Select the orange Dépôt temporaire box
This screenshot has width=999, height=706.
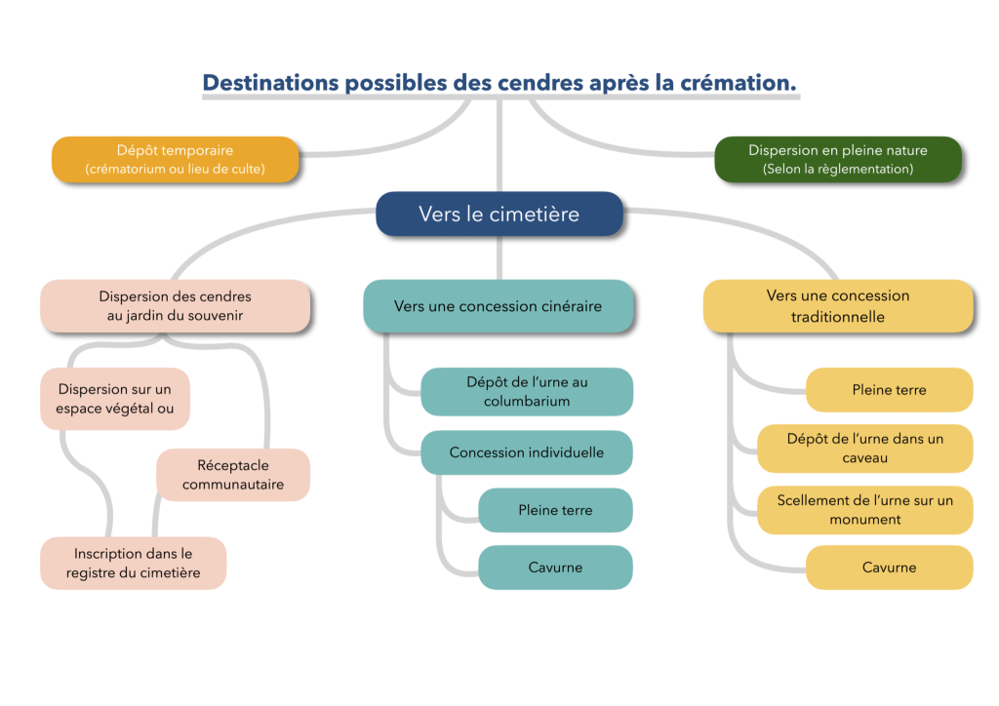point(175,159)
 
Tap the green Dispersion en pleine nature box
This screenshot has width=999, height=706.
point(838,159)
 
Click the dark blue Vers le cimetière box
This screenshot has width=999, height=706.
point(499,214)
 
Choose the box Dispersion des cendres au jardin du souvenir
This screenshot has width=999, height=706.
point(175,305)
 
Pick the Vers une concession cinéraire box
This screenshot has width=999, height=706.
point(498,306)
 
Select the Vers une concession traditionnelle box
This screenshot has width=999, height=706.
point(838,306)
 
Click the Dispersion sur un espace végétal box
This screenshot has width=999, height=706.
point(114,399)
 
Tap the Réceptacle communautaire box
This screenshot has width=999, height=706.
point(233,475)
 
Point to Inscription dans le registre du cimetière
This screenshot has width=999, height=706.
point(133,563)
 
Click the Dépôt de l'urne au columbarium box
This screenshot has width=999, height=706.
point(527,391)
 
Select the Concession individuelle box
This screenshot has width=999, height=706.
point(527,452)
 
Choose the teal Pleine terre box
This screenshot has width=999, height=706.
point(555,510)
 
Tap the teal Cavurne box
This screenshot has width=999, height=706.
point(555,567)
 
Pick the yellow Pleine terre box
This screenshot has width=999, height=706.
point(889,390)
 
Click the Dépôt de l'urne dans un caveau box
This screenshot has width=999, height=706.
point(865,449)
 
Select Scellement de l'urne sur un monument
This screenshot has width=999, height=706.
point(865,509)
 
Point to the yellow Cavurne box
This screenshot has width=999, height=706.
point(889,567)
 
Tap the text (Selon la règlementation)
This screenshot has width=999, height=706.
point(838,169)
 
